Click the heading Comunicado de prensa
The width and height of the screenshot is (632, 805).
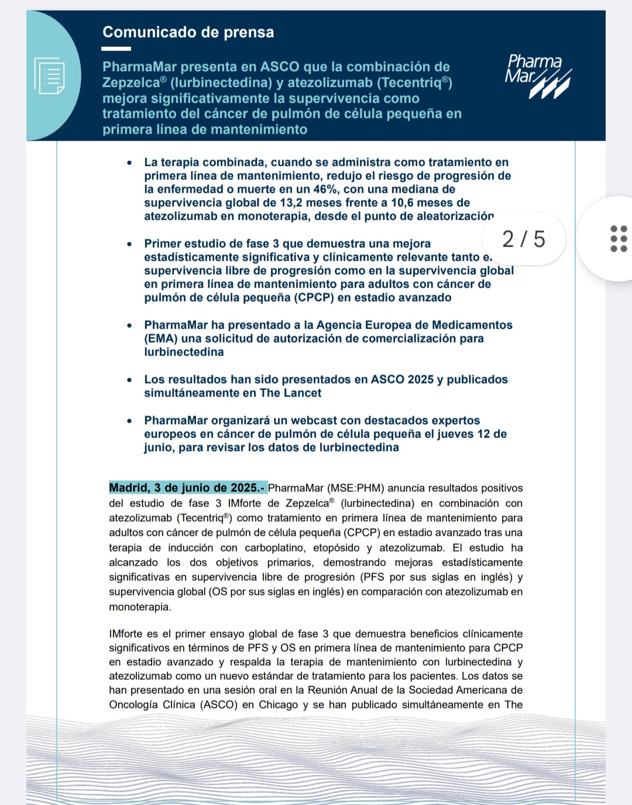(188, 32)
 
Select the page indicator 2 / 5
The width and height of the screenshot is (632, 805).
(523, 239)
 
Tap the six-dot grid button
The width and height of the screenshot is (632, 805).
(618, 238)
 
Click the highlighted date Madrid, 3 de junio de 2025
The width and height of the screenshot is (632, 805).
(187, 488)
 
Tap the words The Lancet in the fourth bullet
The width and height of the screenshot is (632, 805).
(290, 393)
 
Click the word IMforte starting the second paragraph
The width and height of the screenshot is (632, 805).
(127, 633)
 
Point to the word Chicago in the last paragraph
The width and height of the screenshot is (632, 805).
(278, 704)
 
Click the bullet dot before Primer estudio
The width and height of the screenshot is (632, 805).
(130, 244)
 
